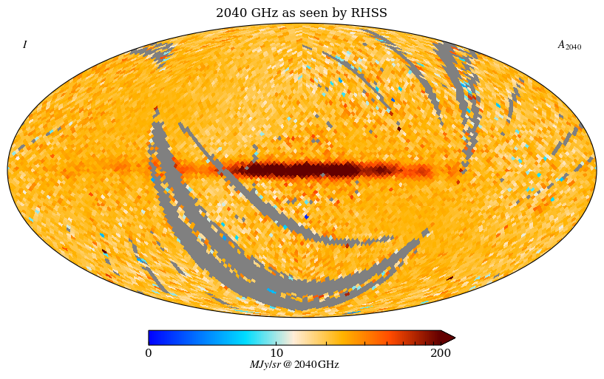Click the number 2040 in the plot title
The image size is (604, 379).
click(231, 13)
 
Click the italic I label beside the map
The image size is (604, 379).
click(24, 45)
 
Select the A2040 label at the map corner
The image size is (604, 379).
click(569, 45)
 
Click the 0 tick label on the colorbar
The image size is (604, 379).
click(149, 352)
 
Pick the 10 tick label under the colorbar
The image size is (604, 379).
click(276, 352)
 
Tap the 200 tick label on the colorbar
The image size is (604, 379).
click(441, 352)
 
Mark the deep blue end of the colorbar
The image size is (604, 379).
click(152, 338)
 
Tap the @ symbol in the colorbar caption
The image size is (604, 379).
click(287, 365)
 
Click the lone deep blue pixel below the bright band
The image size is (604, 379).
click(306, 216)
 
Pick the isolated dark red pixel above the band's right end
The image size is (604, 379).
click(399, 129)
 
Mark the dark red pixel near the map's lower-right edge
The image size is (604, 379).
click(449, 279)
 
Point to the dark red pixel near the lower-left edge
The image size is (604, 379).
click(104, 251)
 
